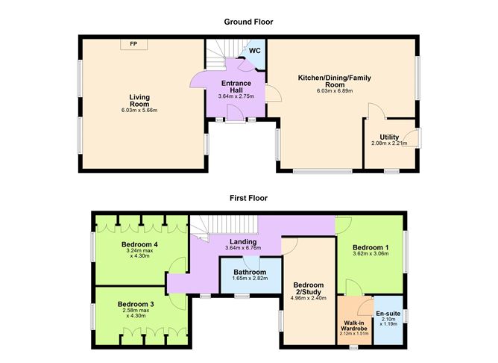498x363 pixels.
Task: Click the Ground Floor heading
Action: coord(248,22)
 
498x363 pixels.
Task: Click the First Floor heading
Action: coord(248,199)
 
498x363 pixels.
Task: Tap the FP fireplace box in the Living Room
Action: coord(133,45)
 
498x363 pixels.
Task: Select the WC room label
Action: coord(254,51)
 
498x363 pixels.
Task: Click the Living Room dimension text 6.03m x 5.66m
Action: coord(139,111)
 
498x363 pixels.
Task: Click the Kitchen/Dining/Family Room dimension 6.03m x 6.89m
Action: coord(335,91)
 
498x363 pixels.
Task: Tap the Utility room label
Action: coord(389,136)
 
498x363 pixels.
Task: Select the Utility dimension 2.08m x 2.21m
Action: coord(389,143)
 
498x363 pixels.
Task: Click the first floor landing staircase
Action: coord(224,224)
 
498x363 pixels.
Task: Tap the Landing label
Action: coord(243,241)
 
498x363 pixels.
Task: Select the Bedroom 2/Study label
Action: coord(308,290)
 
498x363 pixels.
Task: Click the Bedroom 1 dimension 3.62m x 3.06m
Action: coord(371,255)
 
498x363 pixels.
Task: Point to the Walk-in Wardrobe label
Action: coord(354,326)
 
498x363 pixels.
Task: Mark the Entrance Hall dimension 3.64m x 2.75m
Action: coord(236,96)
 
